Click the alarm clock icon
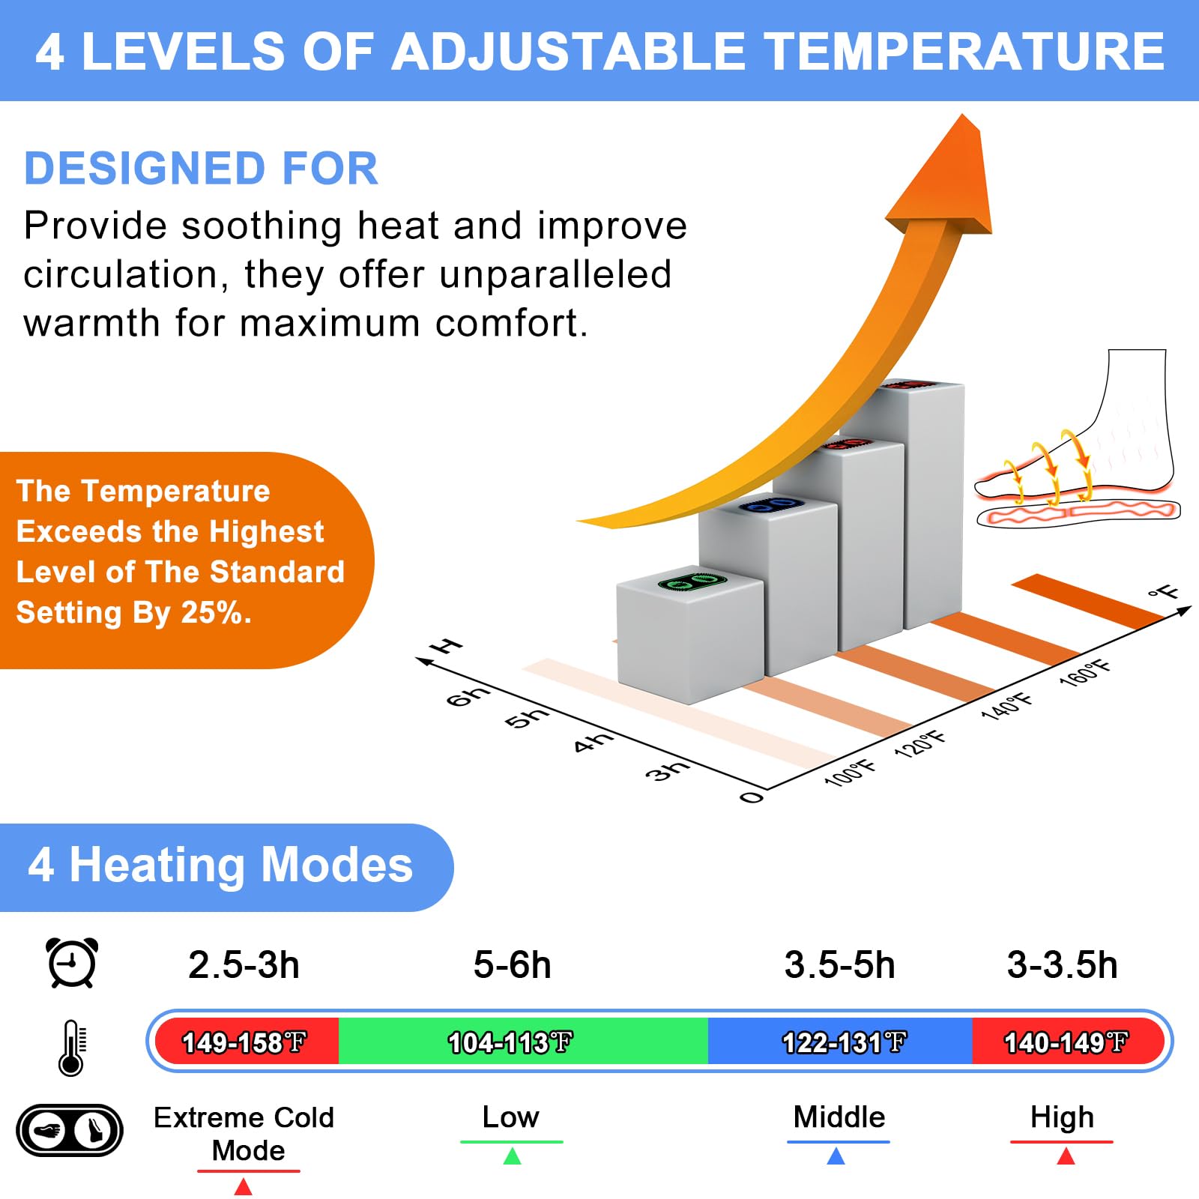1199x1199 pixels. pyautogui.click(x=72, y=962)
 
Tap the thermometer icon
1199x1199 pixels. pyautogui.click(x=72, y=1048)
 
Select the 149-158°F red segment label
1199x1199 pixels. pyautogui.click(x=244, y=1042)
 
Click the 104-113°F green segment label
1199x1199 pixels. pyautogui.click(x=510, y=1042)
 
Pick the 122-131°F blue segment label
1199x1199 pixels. pyautogui.click(x=844, y=1042)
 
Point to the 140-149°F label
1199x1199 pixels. pyautogui.click(x=1066, y=1042)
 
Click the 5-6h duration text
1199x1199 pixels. pyautogui.click(x=513, y=964)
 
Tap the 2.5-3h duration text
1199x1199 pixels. pyautogui.click(x=244, y=964)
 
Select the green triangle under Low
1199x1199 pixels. pyautogui.click(x=512, y=1156)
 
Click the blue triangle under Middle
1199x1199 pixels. pyautogui.click(x=836, y=1156)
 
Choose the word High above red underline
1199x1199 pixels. pyautogui.click(x=1062, y=1118)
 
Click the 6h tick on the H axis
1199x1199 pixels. pyautogui.click(x=468, y=695)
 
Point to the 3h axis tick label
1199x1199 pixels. pyautogui.click(x=667, y=769)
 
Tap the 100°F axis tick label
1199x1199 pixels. pyautogui.click(x=850, y=772)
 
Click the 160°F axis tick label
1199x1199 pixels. pyautogui.click(x=1085, y=672)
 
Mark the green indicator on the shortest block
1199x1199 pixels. pyautogui.click(x=692, y=582)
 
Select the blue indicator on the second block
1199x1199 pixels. pyautogui.click(x=772, y=505)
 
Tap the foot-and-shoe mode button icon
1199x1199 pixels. pyautogui.click(x=70, y=1129)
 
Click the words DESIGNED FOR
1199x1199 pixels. pyautogui.click(x=202, y=168)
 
